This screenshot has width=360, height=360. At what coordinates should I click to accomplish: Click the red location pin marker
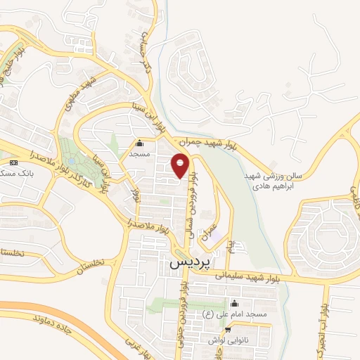coord(181,166)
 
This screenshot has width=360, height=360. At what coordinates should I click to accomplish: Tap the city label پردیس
coord(189,263)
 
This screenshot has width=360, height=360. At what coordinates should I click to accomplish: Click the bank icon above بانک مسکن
coord(12,162)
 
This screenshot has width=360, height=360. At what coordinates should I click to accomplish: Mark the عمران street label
coord(210,234)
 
